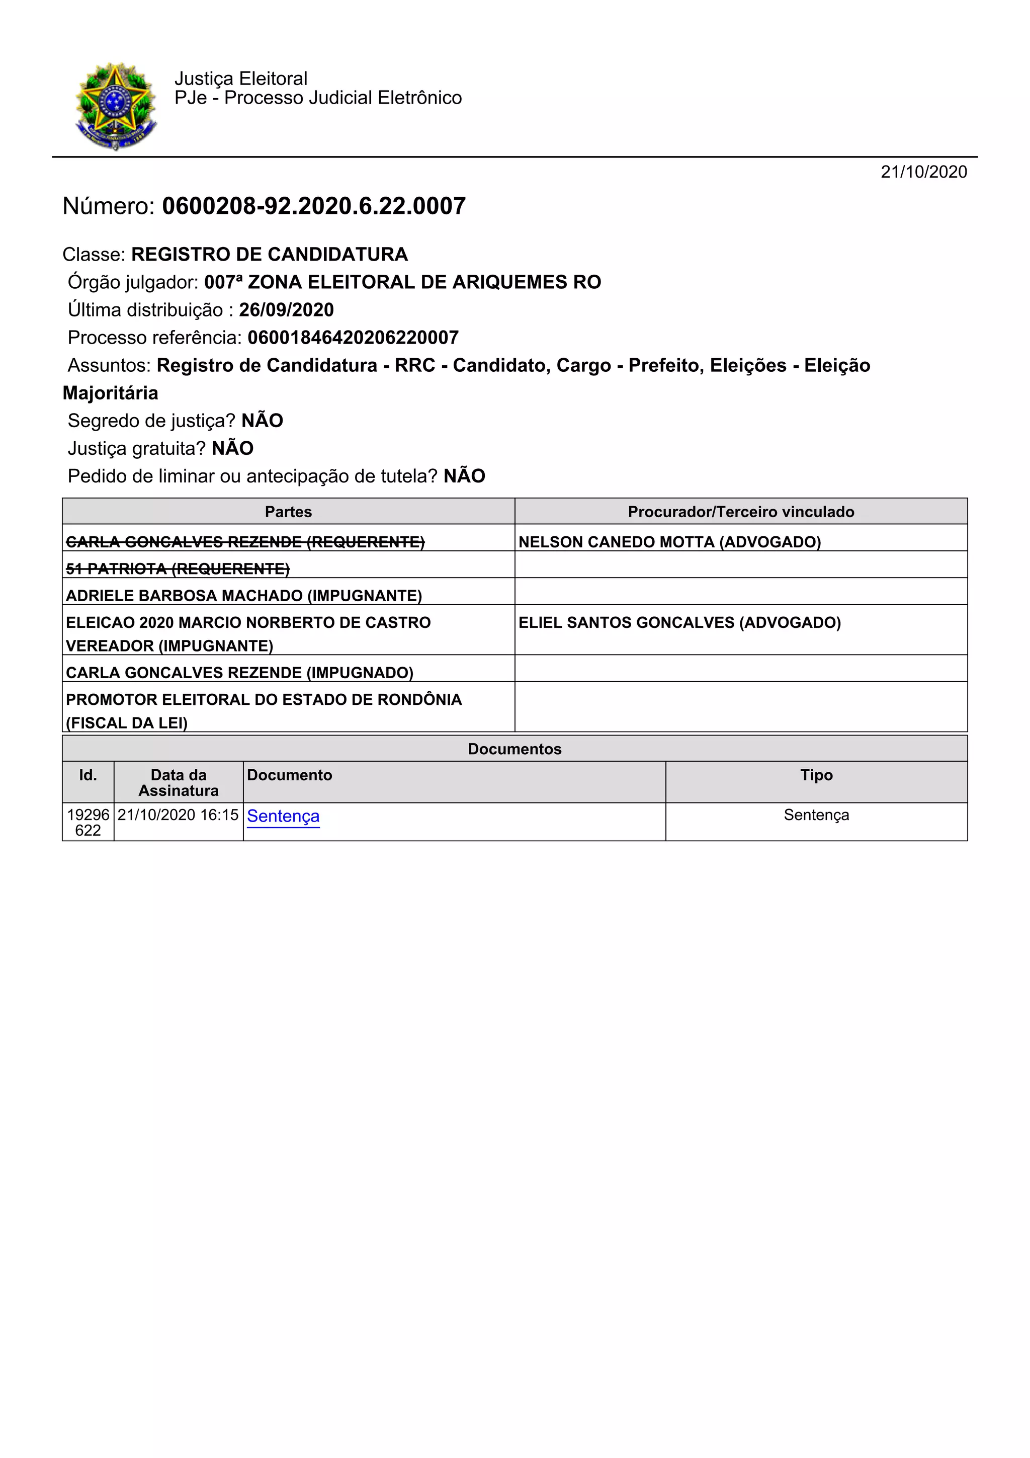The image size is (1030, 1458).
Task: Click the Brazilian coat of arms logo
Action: pyautogui.click(x=116, y=106)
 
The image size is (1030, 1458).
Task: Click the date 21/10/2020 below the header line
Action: pyautogui.click(x=923, y=172)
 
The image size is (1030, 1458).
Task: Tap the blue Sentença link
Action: pyautogui.click(x=283, y=816)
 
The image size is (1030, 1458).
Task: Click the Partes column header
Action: pyautogui.click(x=288, y=512)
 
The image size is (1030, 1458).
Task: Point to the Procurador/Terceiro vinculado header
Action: pyautogui.click(x=741, y=512)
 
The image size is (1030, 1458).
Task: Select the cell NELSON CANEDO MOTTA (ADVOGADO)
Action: pyautogui.click(x=669, y=542)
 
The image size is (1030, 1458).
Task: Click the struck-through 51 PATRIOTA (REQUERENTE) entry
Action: pyautogui.click(x=178, y=569)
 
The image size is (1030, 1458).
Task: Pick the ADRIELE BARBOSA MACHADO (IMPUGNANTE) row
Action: pyautogui.click(x=244, y=596)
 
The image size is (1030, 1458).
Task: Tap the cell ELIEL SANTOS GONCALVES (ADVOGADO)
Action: pyautogui.click(x=679, y=622)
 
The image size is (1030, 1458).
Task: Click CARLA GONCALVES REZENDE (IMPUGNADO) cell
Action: pyautogui.click(x=239, y=673)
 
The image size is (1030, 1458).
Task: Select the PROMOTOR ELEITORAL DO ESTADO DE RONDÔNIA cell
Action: pyautogui.click(x=264, y=700)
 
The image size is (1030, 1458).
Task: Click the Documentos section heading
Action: pyautogui.click(x=514, y=749)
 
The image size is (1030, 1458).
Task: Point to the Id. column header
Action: pyautogui.click(x=88, y=775)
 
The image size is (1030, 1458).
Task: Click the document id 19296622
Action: pyautogui.click(x=88, y=823)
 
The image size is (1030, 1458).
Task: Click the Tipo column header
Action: pyautogui.click(x=816, y=775)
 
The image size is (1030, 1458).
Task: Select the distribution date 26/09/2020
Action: pyautogui.click(x=286, y=310)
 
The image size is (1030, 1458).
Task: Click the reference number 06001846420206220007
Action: pyautogui.click(x=353, y=338)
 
